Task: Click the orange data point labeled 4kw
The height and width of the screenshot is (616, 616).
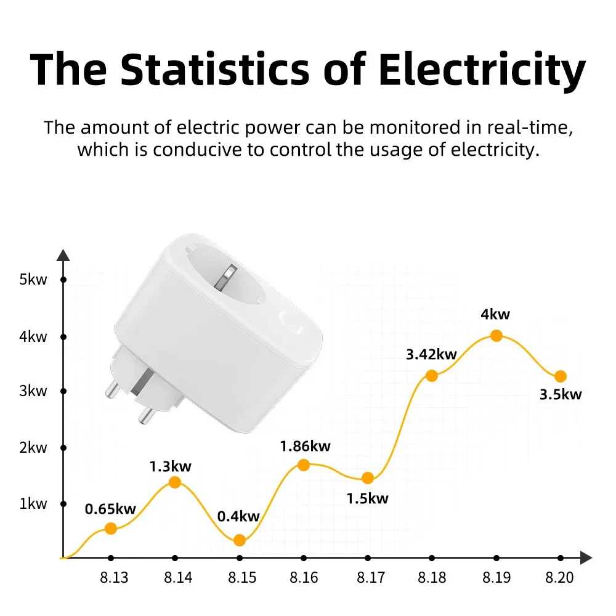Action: [x=496, y=335]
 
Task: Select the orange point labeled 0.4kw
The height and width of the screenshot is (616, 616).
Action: [x=240, y=540]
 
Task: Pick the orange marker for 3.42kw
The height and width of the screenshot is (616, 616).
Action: [x=431, y=375]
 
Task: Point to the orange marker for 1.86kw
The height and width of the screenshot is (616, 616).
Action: [x=303, y=464]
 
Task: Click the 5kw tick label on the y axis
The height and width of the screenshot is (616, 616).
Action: [x=33, y=280]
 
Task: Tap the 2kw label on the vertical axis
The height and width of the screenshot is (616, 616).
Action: [x=33, y=448]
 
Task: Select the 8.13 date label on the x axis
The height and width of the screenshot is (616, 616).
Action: [x=113, y=578]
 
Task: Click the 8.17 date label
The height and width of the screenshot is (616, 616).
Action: [x=371, y=578]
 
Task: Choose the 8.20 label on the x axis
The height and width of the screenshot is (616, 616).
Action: [x=559, y=578]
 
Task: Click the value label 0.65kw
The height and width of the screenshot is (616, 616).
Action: [x=110, y=509]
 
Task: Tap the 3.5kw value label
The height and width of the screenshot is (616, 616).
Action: [x=561, y=395]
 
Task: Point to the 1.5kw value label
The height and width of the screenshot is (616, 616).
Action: [x=368, y=498]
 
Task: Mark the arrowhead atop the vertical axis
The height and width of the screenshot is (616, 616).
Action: [x=63, y=255]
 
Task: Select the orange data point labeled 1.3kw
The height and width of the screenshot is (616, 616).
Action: [x=175, y=482]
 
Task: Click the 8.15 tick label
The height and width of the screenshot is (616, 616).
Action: [x=242, y=578]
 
